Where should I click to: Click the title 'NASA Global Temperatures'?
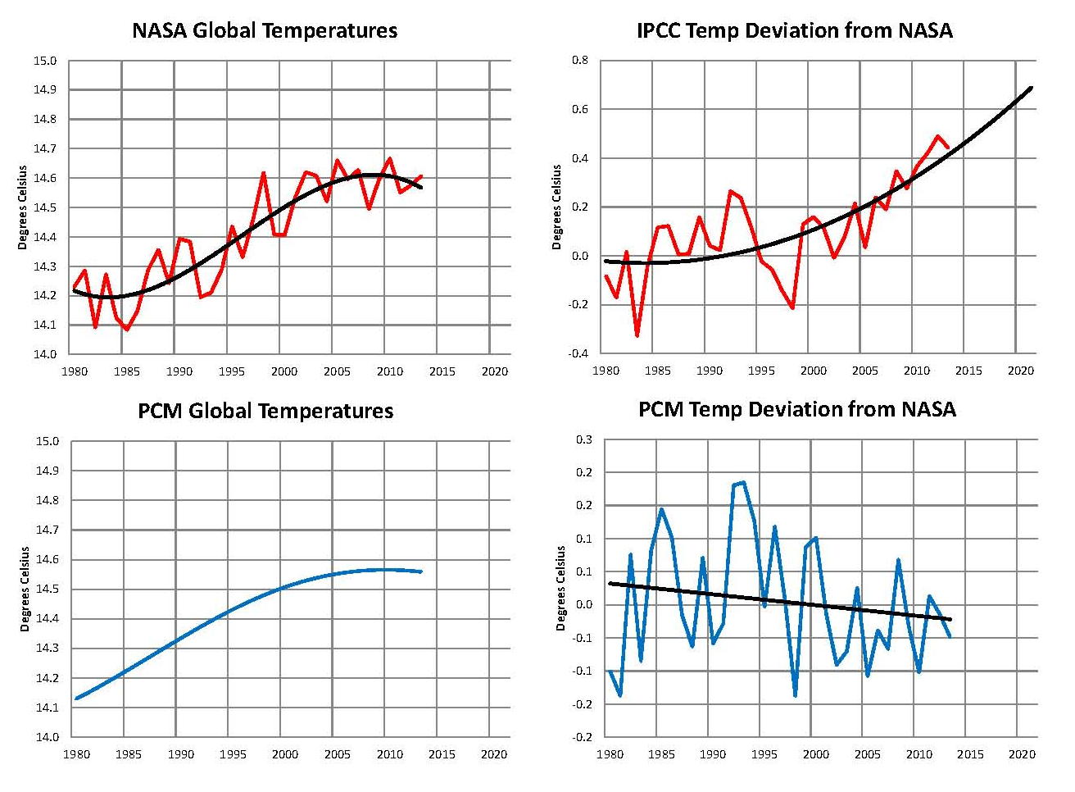[265, 31]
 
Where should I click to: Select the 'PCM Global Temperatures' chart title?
[265, 411]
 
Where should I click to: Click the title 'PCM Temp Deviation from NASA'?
[796, 409]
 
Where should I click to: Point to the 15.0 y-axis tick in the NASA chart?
[46, 61]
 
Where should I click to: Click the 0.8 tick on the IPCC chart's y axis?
[579, 60]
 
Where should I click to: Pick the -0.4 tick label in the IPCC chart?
[578, 353]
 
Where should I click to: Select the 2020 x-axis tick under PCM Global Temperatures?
[494, 754]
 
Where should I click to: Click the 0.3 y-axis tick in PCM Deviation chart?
[583, 439]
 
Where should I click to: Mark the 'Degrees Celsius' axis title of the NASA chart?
[23, 207]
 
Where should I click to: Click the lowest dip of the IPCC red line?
[637, 335]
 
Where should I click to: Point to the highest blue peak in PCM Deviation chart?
[742, 482]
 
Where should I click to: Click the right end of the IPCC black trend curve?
[1031, 87]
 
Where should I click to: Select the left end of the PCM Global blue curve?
[76, 699]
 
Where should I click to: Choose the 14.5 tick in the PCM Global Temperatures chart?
[46, 589]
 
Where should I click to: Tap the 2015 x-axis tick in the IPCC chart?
[968, 371]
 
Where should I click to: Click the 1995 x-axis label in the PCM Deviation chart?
[764, 754]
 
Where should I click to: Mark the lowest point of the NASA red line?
[126, 330]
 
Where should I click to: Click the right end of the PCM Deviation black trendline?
[950, 619]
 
